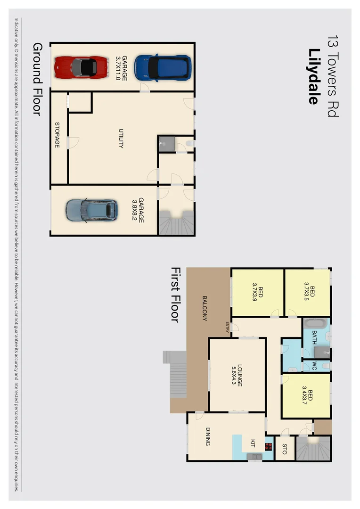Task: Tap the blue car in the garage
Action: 163,68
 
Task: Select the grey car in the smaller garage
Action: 91,210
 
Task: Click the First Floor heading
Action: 175,295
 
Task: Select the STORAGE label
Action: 57,135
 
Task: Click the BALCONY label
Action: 205,308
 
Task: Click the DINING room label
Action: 208,436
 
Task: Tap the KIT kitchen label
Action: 253,443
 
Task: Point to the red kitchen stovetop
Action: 269,447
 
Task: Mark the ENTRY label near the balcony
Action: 228,326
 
